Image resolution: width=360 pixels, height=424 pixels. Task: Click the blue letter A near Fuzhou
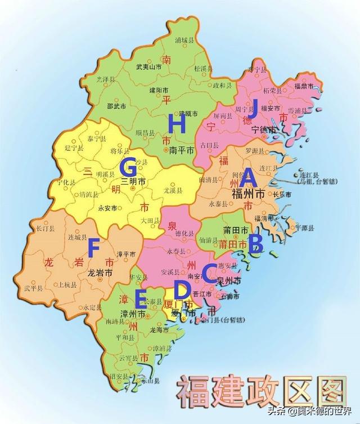click(248, 180)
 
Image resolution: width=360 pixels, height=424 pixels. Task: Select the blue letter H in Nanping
click(176, 124)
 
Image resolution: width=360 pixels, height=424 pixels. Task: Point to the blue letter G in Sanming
click(128, 167)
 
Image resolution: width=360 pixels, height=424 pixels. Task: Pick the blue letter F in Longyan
click(94, 247)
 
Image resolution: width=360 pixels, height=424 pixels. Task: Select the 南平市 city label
click(179, 150)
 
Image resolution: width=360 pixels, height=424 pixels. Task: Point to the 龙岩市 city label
click(102, 273)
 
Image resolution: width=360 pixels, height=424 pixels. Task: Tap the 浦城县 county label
click(200, 41)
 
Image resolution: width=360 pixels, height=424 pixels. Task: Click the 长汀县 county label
click(45, 229)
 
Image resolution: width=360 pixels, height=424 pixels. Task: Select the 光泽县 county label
click(106, 79)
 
